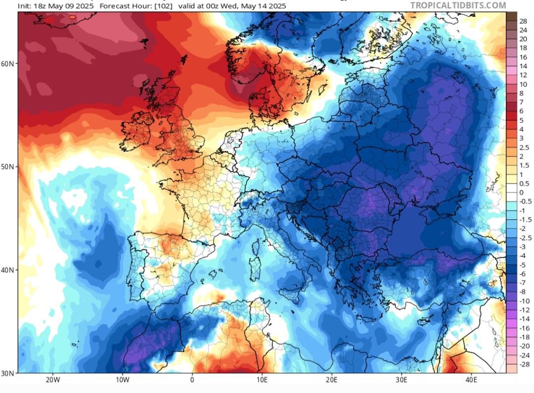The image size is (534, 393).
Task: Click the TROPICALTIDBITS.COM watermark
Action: point(458,5)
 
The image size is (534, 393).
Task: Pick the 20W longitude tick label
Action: point(53,380)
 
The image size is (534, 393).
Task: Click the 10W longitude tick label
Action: point(123,380)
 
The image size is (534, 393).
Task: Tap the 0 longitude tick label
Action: point(192,380)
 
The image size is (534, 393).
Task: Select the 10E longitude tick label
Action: point(262,380)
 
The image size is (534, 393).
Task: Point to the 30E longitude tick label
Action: point(401,380)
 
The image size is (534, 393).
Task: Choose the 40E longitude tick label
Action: point(471,380)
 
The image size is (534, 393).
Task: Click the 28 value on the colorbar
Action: point(523,21)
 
